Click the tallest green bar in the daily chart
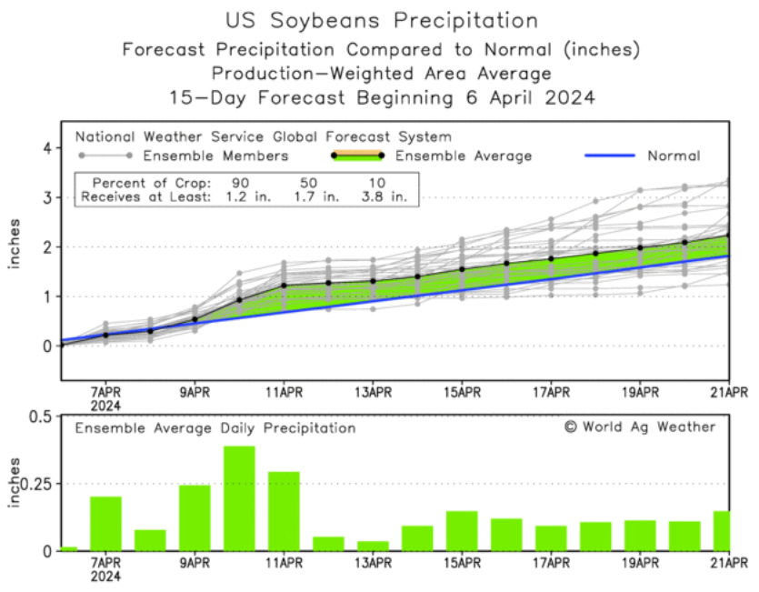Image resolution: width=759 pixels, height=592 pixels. pos(239,498)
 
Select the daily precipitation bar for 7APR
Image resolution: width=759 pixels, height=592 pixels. pos(105,523)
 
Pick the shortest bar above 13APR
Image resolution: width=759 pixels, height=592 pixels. pos(373,546)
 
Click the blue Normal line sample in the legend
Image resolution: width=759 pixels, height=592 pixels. pos(608,156)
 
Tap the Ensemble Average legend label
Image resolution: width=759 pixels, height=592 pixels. pos(464,156)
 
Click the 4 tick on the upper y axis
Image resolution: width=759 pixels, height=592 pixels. pos(45,147)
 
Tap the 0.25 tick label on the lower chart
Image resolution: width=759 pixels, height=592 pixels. pos(35,483)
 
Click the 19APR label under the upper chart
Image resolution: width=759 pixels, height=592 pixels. pos(640,393)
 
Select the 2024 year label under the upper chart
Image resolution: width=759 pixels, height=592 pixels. pos(105,406)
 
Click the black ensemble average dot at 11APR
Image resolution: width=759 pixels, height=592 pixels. pos(284,286)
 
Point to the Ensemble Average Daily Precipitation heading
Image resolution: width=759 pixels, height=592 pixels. pos(215,427)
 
